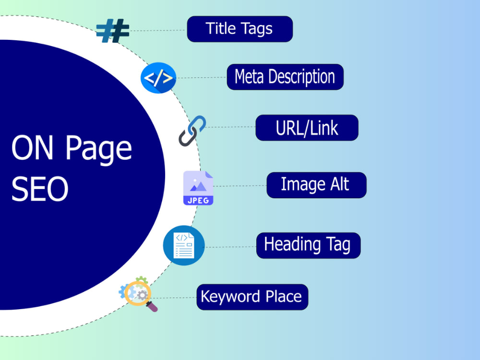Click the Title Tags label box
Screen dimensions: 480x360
point(240,29)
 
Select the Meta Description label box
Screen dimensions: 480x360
point(285,77)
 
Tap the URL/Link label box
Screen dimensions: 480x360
point(307,128)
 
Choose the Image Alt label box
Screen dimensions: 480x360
point(316,185)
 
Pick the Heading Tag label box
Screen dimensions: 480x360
point(308,245)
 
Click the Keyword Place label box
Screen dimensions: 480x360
point(252,297)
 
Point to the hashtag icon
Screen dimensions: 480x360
point(113,31)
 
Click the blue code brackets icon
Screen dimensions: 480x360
point(158,78)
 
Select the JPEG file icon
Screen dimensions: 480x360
point(198,188)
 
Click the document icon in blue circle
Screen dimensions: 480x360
point(184,245)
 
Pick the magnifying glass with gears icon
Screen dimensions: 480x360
point(138,294)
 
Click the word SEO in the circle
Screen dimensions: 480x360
point(40,189)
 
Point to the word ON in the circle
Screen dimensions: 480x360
point(33,147)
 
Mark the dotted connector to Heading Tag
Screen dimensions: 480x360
point(230,247)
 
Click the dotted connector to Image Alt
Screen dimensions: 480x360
point(240,185)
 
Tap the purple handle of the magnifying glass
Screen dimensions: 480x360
point(152,307)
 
